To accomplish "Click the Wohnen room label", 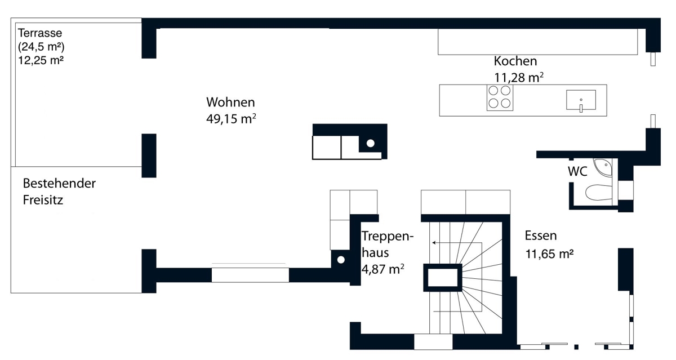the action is click(230, 103).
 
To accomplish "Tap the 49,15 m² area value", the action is click(231, 119).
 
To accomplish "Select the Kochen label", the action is click(515, 61).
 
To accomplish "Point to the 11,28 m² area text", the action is click(519, 78).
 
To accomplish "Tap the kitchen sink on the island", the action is click(581, 100).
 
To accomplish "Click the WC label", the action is click(577, 171).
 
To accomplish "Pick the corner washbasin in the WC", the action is click(603, 167).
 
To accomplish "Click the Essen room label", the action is click(540, 235).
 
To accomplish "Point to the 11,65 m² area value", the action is click(549, 254).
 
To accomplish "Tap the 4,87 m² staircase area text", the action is click(383, 269).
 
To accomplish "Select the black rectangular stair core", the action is click(443, 278).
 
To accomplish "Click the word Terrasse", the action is click(40, 33).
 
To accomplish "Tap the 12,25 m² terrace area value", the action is click(41, 60).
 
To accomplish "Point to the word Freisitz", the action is click(43, 200).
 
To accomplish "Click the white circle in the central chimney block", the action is click(371, 143).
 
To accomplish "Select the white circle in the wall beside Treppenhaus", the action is click(341, 260).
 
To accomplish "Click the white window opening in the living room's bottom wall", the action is click(250, 275).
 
